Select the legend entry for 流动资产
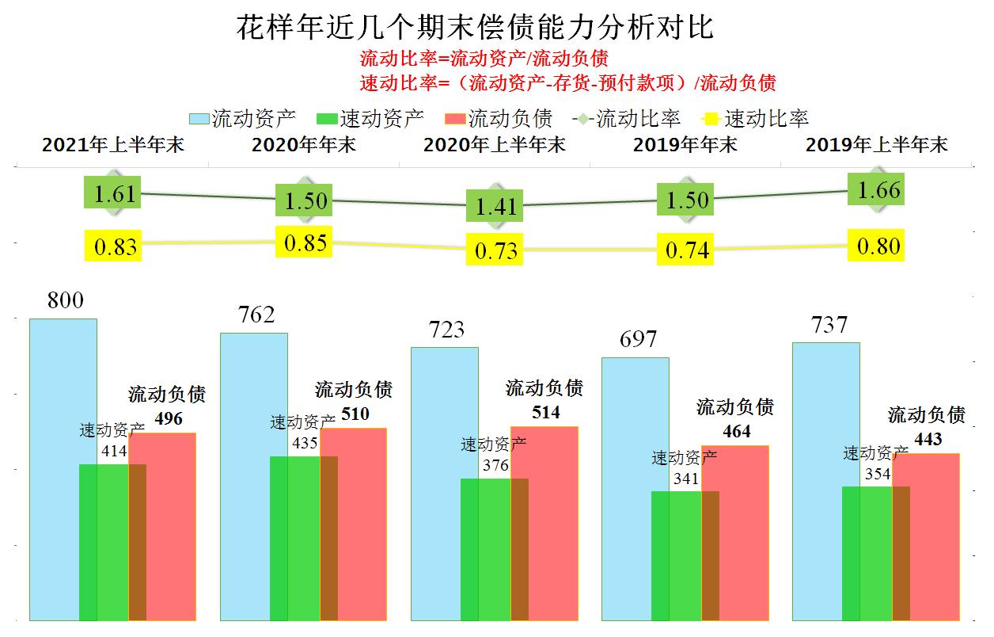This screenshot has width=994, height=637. (x=243, y=119)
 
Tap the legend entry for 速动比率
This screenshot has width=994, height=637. (x=756, y=119)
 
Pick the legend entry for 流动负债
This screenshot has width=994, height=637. (x=499, y=119)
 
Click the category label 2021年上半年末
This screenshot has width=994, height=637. (x=113, y=145)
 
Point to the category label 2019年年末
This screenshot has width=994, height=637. (x=685, y=145)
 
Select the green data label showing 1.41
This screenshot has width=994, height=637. (x=495, y=207)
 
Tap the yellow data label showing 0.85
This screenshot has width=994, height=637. (x=305, y=242)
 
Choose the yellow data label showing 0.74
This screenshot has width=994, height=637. (x=687, y=251)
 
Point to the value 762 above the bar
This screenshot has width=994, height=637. (x=256, y=315)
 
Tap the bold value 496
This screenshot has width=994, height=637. (x=167, y=419)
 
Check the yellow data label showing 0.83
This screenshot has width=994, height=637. (x=116, y=246)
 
